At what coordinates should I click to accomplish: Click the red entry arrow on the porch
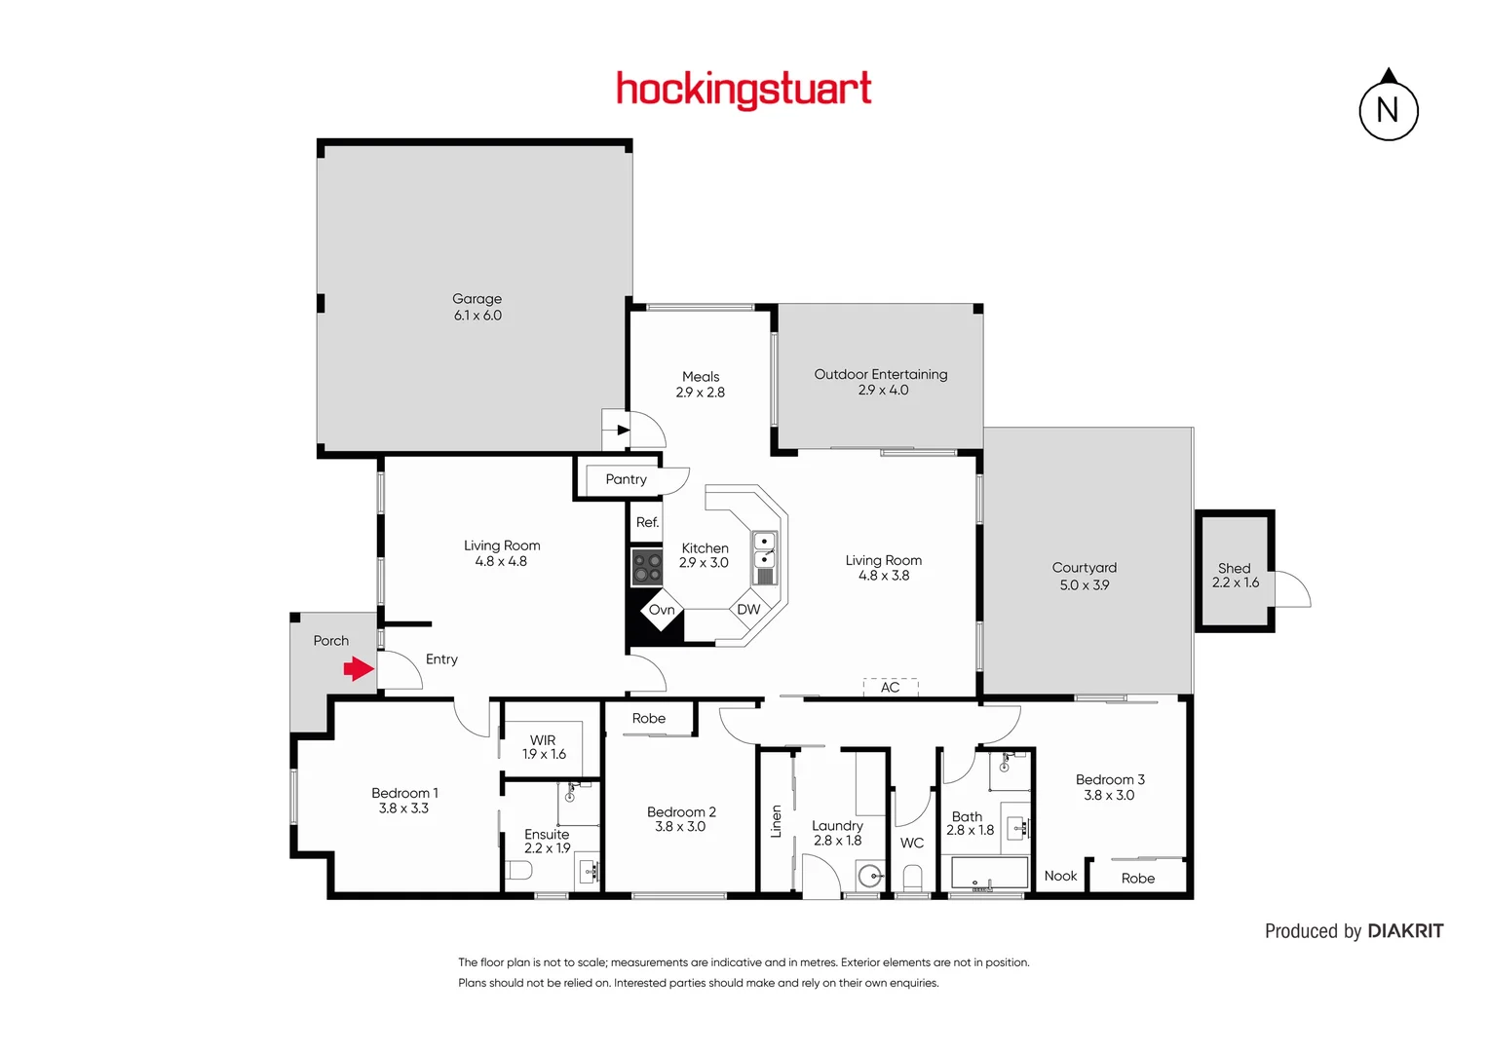359,669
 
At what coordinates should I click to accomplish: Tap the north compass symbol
1388,109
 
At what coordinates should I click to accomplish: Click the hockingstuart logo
744,90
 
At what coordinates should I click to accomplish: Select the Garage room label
477,299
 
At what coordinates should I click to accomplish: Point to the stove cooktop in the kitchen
647,567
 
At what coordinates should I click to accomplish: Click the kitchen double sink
765,550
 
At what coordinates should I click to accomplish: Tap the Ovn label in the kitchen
662,610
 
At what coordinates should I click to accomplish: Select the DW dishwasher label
748,610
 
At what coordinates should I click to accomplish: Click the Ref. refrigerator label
647,522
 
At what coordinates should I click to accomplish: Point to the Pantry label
626,479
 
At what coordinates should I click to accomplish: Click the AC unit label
890,687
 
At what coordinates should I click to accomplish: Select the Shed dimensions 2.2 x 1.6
1235,582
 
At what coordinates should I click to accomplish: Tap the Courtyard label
1084,568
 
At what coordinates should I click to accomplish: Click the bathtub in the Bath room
989,873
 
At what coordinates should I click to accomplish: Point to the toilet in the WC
912,879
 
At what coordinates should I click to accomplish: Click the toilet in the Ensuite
518,870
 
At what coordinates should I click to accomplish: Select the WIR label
543,740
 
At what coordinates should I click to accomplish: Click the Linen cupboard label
777,821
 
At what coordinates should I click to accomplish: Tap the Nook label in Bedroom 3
1060,876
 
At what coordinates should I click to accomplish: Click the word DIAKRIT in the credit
1405,931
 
